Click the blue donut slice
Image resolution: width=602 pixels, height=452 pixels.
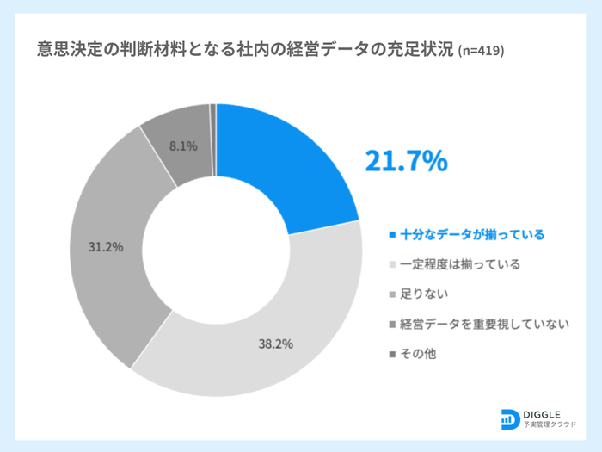[284, 164]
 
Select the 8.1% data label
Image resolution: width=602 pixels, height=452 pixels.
[183, 146]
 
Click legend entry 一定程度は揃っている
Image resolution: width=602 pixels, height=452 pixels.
[460, 264]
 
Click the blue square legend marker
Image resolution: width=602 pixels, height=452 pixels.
[392, 234]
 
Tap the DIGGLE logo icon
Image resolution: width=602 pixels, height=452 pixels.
[508, 419]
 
